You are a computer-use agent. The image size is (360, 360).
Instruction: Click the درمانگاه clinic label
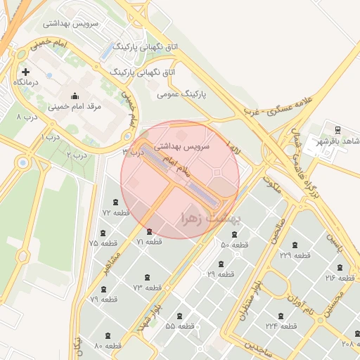click(x=26, y=82)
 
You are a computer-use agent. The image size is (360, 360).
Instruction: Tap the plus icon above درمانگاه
click(x=26, y=72)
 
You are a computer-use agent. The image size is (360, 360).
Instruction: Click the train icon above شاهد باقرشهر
click(x=337, y=130)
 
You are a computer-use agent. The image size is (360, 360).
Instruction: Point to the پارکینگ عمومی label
click(x=181, y=93)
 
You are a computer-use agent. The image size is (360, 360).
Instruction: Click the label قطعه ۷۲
click(x=116, y=212)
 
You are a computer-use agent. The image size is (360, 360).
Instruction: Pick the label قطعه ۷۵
click(x=103, y=243)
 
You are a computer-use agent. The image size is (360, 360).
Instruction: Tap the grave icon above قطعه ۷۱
click(x=148, y=231)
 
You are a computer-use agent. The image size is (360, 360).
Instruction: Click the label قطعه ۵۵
click(x=180, y=326)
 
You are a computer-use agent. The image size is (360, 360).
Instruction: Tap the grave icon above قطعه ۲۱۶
click(x=340, y=267)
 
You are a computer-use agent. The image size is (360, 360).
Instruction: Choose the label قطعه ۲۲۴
click(x=281, y=326)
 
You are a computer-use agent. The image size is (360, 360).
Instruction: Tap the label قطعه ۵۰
click(x=235, y=245)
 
